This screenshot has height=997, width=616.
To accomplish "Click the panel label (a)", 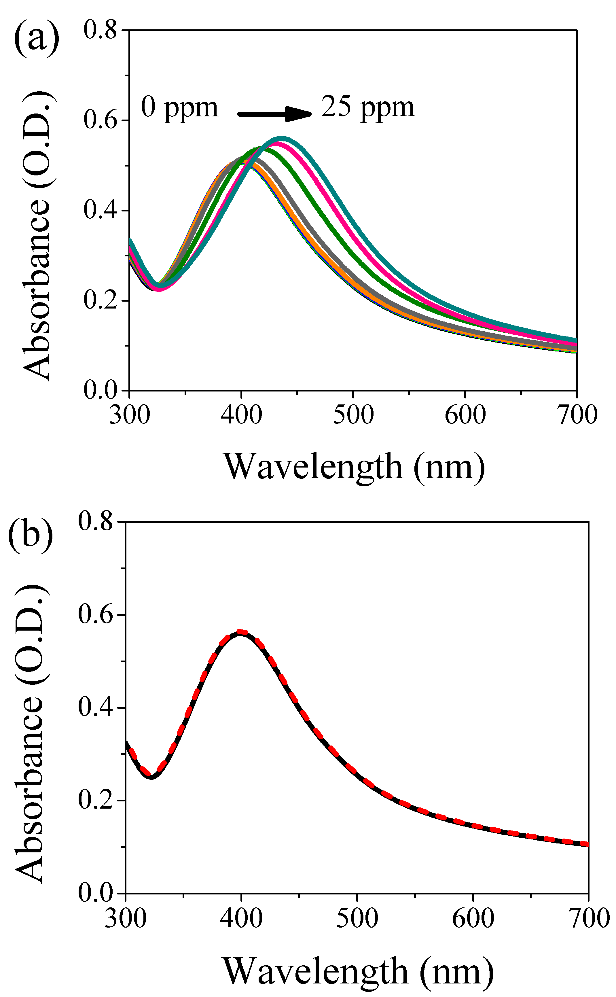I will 36,39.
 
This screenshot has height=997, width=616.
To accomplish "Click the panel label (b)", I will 31,532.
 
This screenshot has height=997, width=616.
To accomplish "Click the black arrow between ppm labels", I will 274,114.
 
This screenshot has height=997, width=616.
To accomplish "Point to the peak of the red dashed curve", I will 241,632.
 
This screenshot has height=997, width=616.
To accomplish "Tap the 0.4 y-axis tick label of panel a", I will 100,210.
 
